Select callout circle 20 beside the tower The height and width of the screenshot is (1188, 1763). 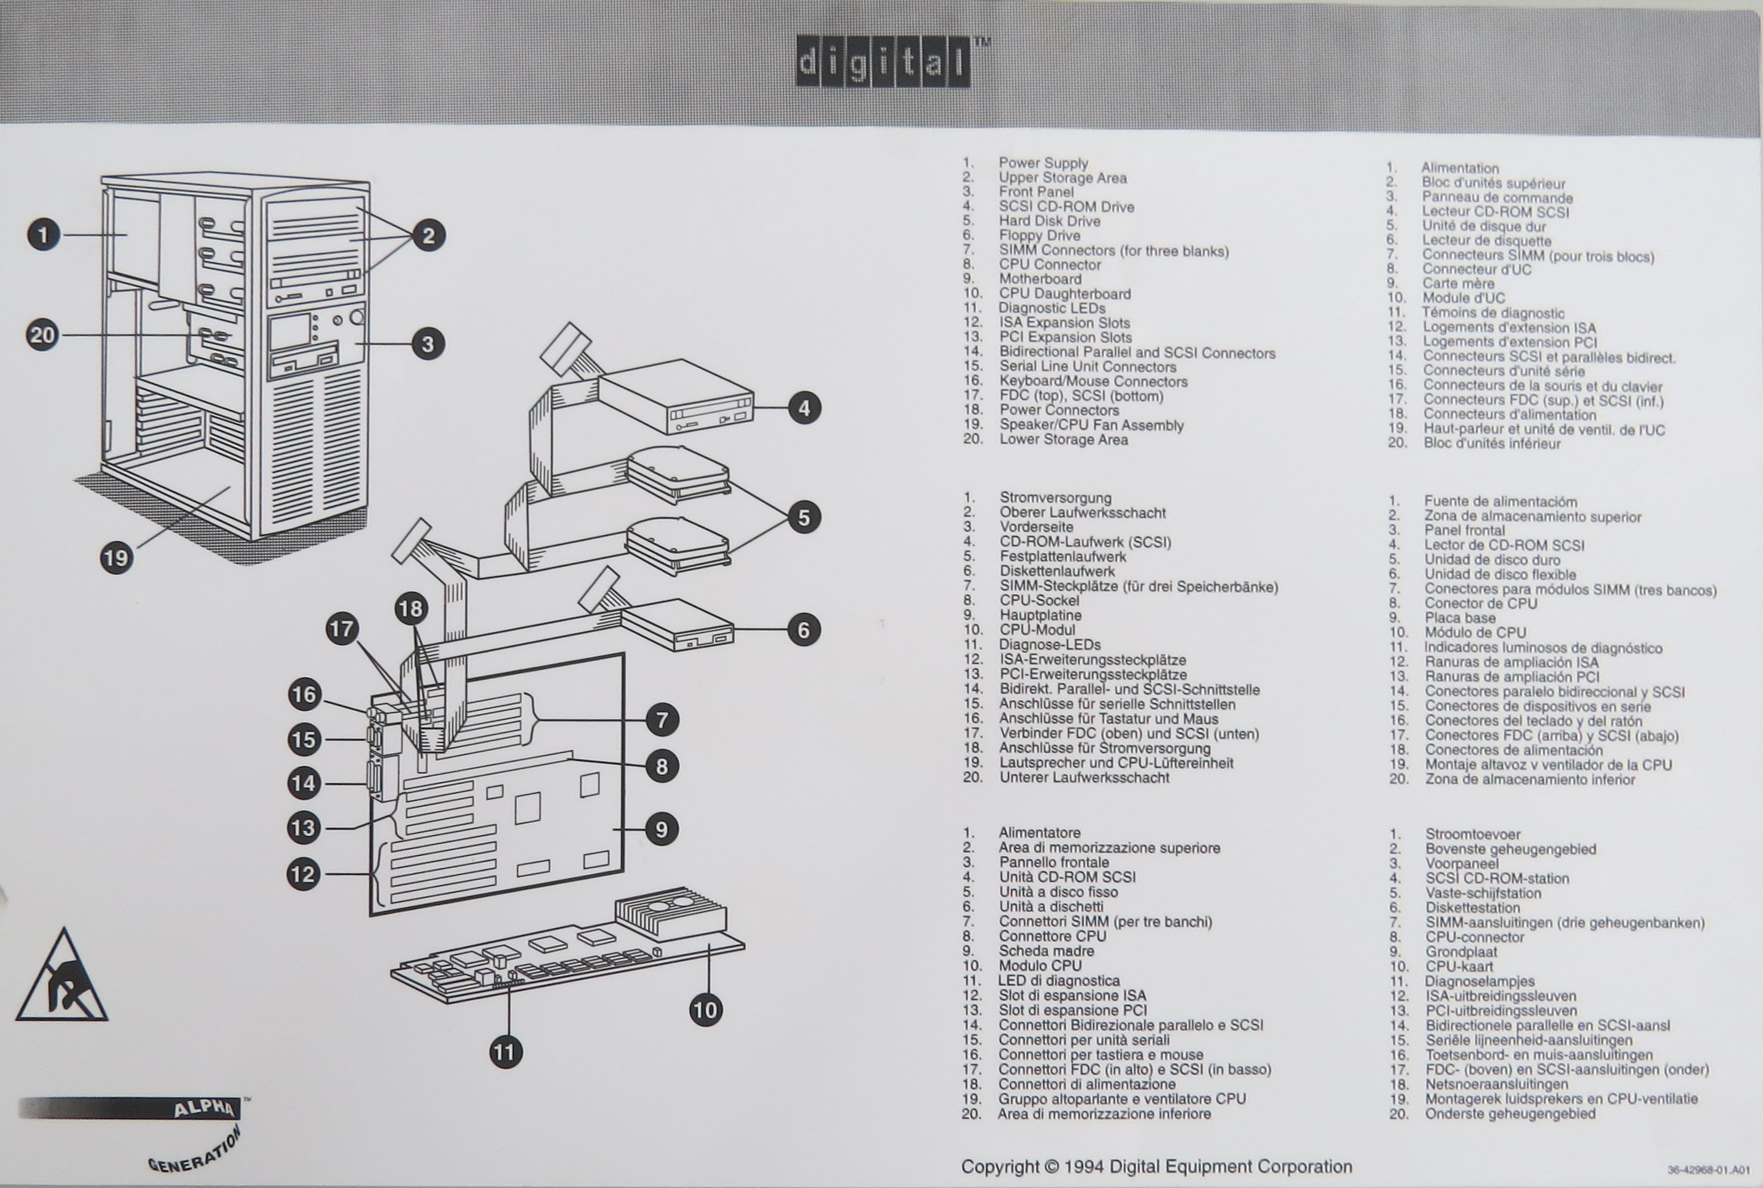pyautogui.click(x=42, y=335)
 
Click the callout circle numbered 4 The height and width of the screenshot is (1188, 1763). pyautogui.click(x=804, y=409)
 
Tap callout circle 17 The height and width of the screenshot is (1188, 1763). pyautogui.click(x=342, y=629)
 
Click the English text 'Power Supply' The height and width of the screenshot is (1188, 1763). pyautogui.click(x=1043, y=163)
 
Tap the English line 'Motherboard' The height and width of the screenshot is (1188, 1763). pyautogui.click(x=1040, y=279)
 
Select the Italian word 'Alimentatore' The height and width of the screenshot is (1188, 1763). pyautogui.click(x=1039, y=833)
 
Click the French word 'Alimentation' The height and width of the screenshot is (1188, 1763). pyautogui.click(x=1459, y=168)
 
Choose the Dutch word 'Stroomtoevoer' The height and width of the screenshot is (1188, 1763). pyautogui.click(x=1473, y=834)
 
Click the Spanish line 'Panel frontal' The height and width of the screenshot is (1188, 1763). pyautogui.click(x=1464, y=530)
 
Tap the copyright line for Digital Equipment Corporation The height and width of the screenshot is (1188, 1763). pyautogui.click(x=1156, y=1167)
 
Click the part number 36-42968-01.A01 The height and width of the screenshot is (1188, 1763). pyautogui.click(x=1709, y=1171)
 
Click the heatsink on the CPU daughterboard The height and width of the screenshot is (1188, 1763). pyautogui.click(x=670, y=913)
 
